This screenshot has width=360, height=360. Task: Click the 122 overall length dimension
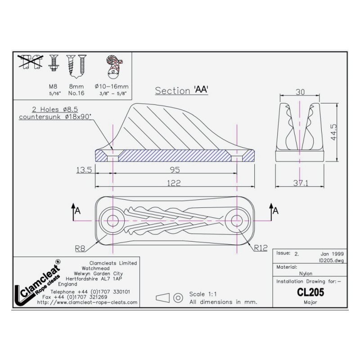174,183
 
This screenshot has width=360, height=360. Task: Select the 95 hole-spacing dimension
175,170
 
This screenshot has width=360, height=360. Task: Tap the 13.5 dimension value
84,170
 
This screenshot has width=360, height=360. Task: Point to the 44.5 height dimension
333,132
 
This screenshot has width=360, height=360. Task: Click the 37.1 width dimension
301,183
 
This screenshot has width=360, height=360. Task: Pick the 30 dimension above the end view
300,92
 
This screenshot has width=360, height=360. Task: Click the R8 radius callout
80,248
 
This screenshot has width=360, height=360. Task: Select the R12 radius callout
261,248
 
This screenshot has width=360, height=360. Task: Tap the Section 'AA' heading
182,90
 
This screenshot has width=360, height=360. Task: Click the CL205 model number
310,292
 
